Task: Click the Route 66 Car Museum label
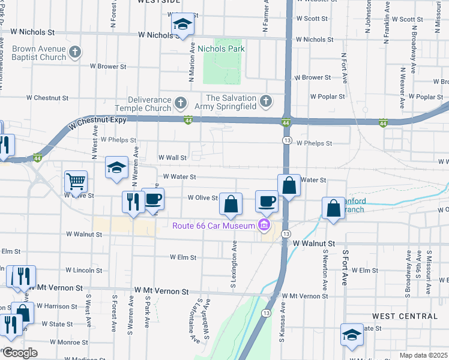(213, 226)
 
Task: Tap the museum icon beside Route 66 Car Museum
(263, 226)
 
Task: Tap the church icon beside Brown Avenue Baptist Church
(75, 53)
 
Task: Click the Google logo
(20, 353)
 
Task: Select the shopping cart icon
(76, 181)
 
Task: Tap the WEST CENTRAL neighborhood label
(405, 316)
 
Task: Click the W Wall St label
(173, 157)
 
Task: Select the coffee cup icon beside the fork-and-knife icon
(153, 199)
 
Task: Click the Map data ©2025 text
(424, 355)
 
